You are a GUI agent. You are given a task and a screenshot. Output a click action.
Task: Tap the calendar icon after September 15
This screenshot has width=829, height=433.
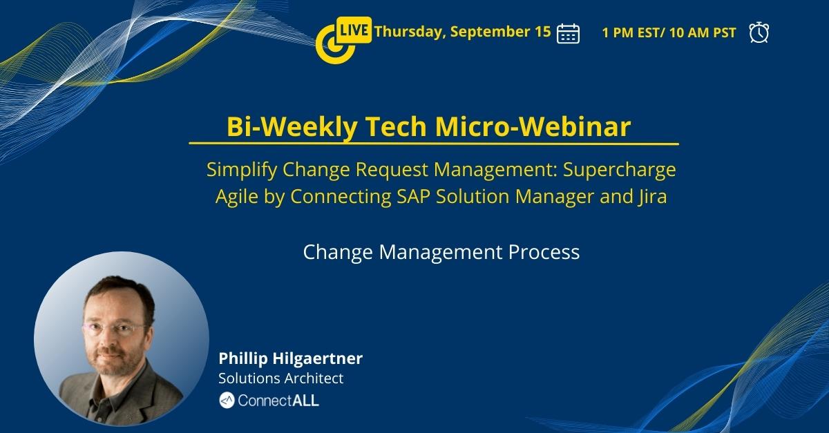568,32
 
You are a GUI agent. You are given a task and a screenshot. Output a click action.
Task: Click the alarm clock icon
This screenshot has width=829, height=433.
759,32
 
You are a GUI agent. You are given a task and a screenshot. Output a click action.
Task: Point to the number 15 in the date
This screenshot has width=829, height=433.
543,31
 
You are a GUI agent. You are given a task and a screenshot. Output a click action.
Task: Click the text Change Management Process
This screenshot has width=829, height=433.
441,252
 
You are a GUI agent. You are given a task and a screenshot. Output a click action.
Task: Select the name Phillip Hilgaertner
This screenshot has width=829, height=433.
290,358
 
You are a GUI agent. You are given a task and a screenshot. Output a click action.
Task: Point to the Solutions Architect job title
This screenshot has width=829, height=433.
280,378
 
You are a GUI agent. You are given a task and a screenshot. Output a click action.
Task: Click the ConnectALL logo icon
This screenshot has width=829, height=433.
227,400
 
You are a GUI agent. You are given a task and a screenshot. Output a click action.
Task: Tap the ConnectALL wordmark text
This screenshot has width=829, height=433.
278,400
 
